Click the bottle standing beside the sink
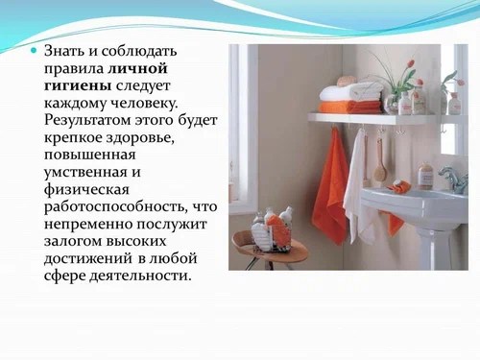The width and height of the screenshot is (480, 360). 424,175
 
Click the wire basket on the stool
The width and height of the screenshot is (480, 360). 273,230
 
